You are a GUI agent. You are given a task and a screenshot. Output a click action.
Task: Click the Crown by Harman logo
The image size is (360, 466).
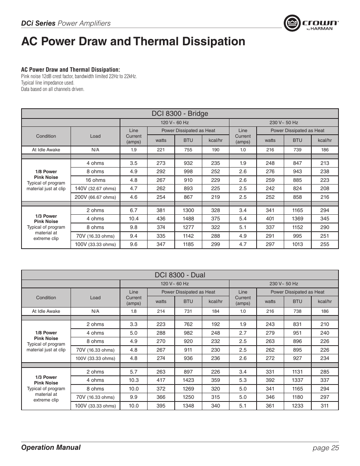point(311,23)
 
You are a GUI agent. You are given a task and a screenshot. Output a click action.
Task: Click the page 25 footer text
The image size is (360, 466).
point(325,448)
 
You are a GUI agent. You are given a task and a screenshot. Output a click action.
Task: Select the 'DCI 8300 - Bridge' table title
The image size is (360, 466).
point(180,114)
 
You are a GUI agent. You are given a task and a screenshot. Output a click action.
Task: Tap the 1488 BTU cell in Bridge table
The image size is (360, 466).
point(188,219)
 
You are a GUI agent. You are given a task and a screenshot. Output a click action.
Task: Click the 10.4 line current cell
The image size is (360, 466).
point(134,219)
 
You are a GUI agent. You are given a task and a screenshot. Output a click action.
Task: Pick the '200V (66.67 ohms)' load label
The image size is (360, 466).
point(95,197)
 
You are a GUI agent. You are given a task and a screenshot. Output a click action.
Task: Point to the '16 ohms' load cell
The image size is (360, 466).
point(95,180)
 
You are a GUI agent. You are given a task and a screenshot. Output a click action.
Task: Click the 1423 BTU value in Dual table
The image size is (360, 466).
point(188,380)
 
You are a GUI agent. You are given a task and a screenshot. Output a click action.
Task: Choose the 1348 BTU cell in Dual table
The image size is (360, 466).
point(188,406)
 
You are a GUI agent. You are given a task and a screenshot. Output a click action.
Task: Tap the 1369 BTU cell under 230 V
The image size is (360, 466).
point(297,219)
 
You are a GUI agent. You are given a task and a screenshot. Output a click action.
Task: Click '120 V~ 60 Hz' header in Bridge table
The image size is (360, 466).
point(174,123)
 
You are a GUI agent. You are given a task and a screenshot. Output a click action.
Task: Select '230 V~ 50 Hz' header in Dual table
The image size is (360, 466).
point(283,284)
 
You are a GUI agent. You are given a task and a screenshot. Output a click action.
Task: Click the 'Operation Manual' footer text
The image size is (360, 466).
point(51,448)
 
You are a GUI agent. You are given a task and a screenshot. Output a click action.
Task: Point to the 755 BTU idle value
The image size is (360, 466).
point(188,150)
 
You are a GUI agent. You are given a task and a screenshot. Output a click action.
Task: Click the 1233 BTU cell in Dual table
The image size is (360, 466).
point(297,406)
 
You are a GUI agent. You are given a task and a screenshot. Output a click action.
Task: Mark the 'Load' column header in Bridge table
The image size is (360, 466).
point(95,136)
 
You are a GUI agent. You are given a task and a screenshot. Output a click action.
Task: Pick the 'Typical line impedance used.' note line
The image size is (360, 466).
point(48,83)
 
